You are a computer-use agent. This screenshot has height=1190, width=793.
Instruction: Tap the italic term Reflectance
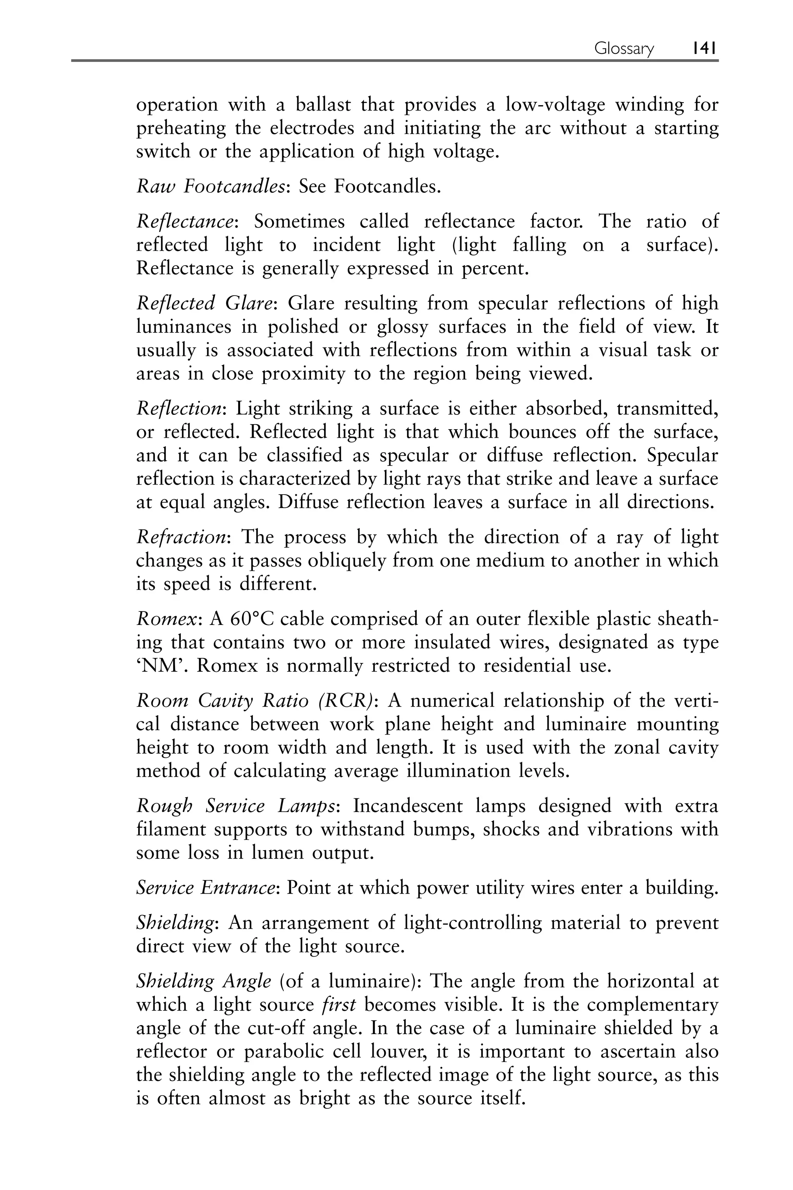(185, 222)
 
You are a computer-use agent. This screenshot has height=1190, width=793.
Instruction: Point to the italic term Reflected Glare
(205, 303)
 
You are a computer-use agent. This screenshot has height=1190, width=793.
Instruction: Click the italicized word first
(339, 1005)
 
